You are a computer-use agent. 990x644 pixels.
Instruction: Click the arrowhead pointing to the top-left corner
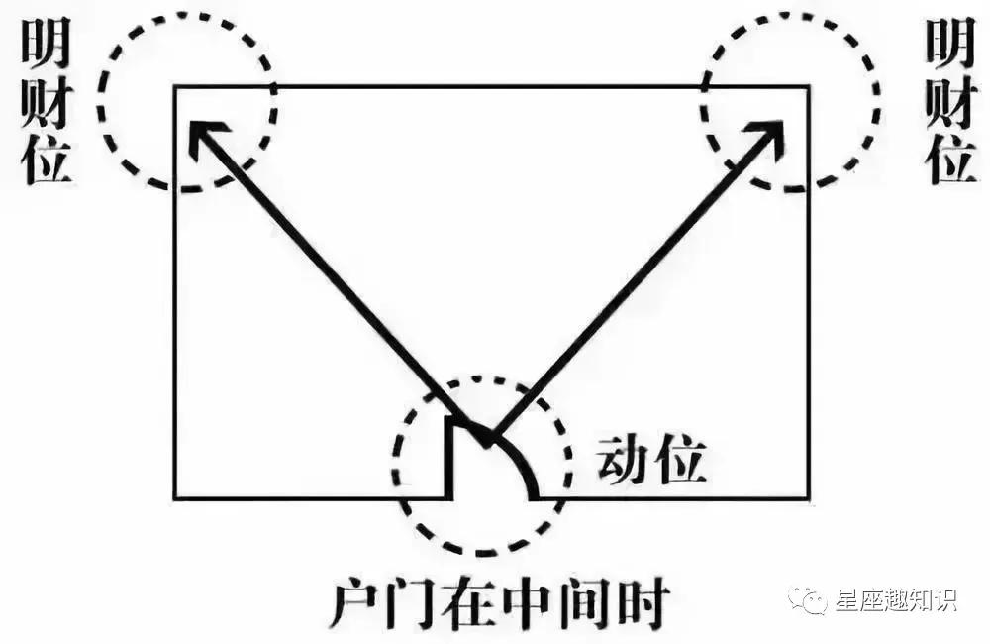(203, 135)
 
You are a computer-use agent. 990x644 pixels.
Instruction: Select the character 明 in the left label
(47, 42)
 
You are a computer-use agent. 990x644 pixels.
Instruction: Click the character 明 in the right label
(950, 42)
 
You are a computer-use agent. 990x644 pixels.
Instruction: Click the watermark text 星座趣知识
(897, 599)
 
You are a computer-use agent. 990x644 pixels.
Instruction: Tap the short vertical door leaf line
(450, 458)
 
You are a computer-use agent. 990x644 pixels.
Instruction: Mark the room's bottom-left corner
(175, 498)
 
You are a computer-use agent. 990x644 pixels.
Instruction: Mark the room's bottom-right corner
(809, 498)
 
